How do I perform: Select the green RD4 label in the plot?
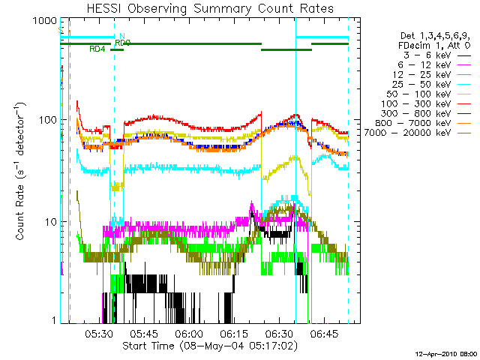click(x=97, y=49)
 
